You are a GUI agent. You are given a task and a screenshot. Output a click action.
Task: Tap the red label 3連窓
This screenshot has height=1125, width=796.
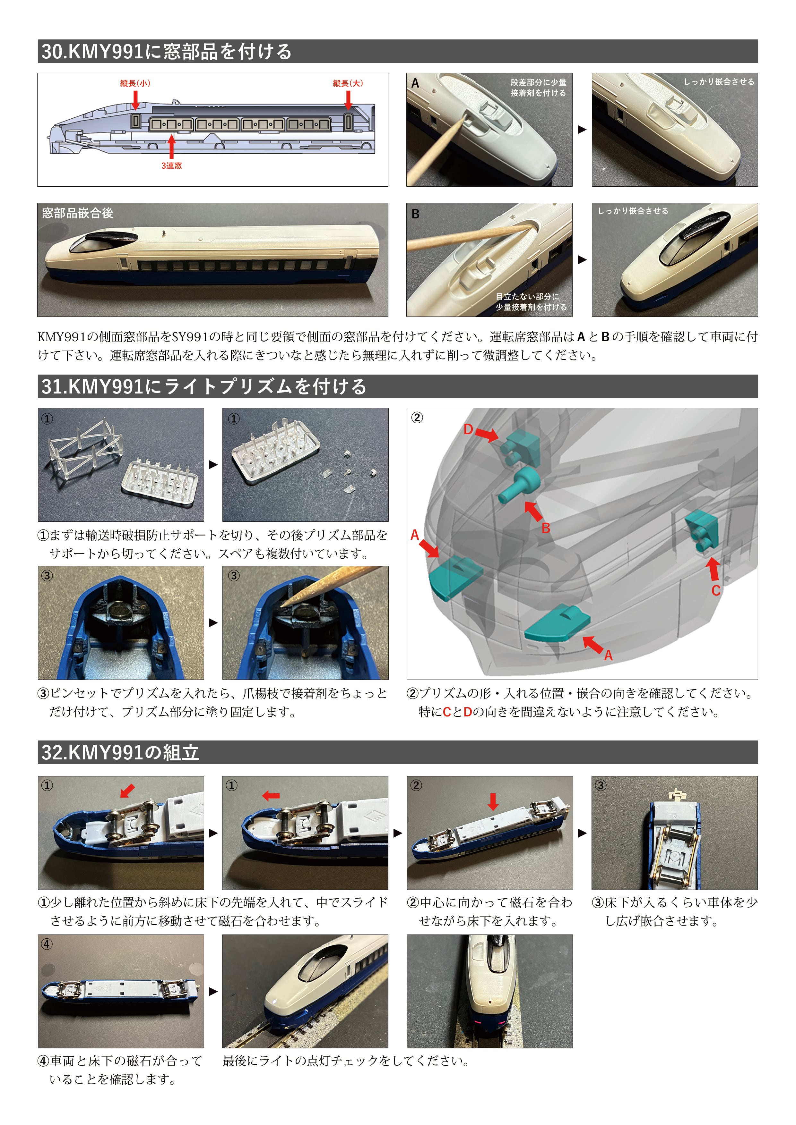(172, 165)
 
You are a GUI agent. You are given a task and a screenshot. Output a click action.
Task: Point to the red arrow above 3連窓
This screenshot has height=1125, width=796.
(171, 146)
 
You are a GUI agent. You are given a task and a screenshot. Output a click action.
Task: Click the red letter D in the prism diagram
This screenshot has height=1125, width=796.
(468, 430)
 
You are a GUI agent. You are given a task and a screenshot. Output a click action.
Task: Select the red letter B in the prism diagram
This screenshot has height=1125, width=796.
(546, 528)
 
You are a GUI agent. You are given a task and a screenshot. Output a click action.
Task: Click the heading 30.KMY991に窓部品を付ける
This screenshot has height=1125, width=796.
(167, 51)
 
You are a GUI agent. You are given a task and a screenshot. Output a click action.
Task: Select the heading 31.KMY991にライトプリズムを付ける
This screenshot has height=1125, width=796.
(203, 386)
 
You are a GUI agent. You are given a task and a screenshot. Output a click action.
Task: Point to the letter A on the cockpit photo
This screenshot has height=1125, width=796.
(415, 83)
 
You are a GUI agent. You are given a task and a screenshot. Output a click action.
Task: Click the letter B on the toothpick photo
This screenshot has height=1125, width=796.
(415, 214)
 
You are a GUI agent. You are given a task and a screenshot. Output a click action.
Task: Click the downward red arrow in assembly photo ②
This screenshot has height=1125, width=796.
(493, 801)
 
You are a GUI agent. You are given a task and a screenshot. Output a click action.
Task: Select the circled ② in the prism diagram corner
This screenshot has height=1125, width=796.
(417, 418)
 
